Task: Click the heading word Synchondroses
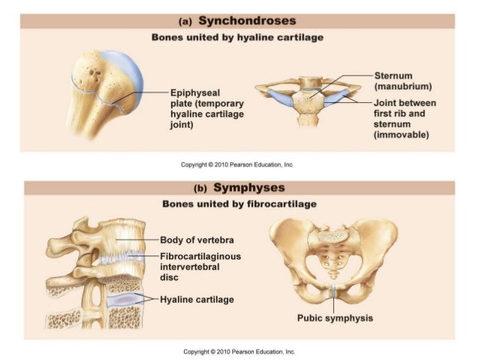tap(247, 21)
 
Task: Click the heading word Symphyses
tap(249, 187)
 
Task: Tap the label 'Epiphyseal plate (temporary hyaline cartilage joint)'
tap(206, 108)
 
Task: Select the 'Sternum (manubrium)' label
tap(403, 81)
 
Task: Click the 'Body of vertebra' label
tap(197, 240)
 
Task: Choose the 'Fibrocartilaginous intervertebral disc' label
tap(200, 267)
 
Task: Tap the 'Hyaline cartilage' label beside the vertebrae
tap(197, 299)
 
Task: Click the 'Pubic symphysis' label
tap(335, 318)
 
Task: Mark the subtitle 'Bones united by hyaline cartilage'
tap(237, 38)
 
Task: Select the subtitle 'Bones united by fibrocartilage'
tap(239, 204)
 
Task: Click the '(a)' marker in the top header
tap(185, 22)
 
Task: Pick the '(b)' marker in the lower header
tap(200, 189)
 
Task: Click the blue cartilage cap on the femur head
tap(131, 74)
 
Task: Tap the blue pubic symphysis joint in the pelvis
tap(333, 291)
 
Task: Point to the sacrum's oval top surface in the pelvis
tap(333, 235)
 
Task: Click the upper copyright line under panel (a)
tap(237, 165)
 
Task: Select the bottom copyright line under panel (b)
tap(239, 352)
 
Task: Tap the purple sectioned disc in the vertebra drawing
tap(125, 300)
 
